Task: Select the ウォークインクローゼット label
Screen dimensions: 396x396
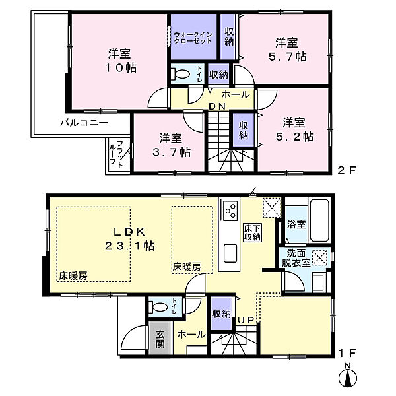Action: pyautogui.click(x=193, y=37)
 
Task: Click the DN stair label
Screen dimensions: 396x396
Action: pyautogui.click(x=218, y=107)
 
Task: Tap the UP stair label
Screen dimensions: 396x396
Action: pyautogui.click(x=245, y=320)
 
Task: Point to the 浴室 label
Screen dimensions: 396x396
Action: pyautogui.click(x=296, y=225)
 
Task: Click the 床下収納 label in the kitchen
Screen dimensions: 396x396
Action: pyautogui.click(x=251, y=232)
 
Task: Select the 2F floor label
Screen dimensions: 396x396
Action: pyautogui.click(x=348, y=170)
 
